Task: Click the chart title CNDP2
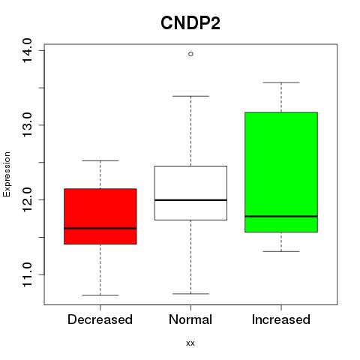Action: click(x=190, y=23)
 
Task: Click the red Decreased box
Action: click(x=100, y=216)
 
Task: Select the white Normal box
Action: click(x=190, y=193)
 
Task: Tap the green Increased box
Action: click(x=281, y=172)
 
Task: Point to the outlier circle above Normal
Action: click(x=190, y=54)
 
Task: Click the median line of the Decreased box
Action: click(x=100, y=228)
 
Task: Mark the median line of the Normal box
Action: click(x=190, y=200)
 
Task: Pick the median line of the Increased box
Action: click(x=281, y=216)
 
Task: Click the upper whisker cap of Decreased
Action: click(x=100, y=160)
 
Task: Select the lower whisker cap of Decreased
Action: click(x=100, y=295)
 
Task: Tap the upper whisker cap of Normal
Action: click(x=190, y=96)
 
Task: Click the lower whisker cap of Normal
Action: click(x=190, y=294)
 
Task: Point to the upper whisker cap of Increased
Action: click(x=281, y=82)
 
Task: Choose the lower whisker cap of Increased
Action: click(x=281, y=251)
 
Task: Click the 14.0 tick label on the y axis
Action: click(x=27, y=50)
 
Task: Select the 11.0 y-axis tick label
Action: click(x=27, y=274)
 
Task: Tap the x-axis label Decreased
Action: click(x=100, y=319)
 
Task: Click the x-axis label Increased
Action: click(x=281, y=319)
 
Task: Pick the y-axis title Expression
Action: click(x=7, y=174)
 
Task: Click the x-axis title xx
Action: click(x=190, y=343)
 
